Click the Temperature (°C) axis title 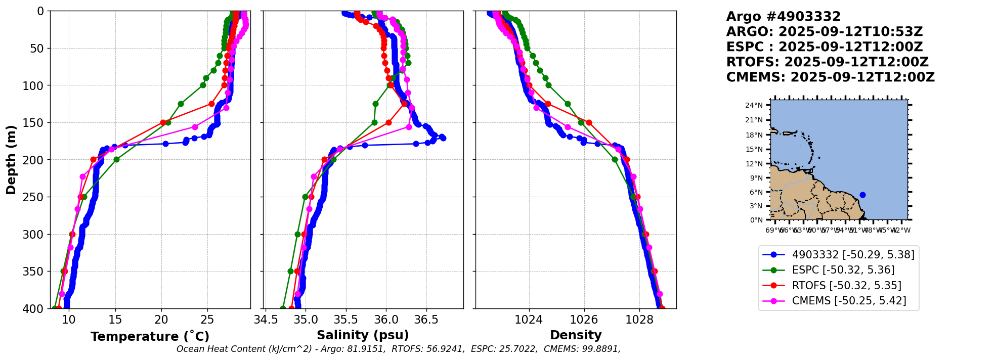click(x=150, y=337)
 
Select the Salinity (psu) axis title click(x=363, y=335)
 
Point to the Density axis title click(x=576, y=335)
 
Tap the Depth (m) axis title click(x=11, y=159)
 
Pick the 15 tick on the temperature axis click(x=115, y=320)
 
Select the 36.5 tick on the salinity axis click(x=426, y=320)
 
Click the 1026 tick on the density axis click(x=584, y=320)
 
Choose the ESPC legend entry click(x=843, y=270)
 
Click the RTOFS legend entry click(x=846, y=286)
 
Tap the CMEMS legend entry click(x=849, y=301)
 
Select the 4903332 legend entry click(x=853, y=255)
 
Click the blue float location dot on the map click(x=862, y=195)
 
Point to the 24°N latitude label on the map click(x=754, y=105)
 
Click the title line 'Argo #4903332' click(x=783, y=17)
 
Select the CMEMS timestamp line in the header click(x=830, y=77)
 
